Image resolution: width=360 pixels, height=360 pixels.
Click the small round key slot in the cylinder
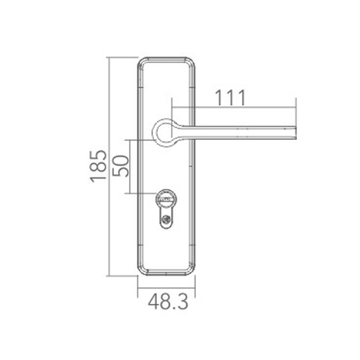pyautogui.click(x=166, y=222)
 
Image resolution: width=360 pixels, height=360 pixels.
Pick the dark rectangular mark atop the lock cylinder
pyautogui.click(x=166, y=195)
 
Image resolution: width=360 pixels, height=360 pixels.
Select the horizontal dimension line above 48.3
pyautogui.click(x=166, y=287)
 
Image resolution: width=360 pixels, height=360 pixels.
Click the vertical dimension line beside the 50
pyautogui.click(x=130, y=166)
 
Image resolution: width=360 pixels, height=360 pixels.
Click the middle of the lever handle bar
pyautogui.click(x=238, y=130)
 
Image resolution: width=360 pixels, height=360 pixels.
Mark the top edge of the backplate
pyautogui.click(x=166, y=56)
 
